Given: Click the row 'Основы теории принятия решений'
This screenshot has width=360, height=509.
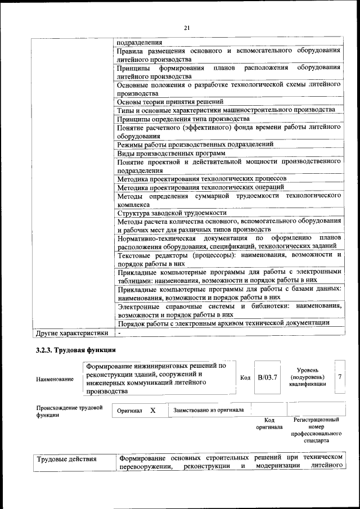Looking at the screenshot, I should (170, 102).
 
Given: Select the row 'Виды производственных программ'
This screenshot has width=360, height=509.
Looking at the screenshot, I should (171, 153).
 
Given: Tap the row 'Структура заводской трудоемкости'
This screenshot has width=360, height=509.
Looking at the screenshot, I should (172, 213).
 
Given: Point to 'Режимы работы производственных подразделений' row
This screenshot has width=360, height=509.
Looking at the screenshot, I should (195, 145).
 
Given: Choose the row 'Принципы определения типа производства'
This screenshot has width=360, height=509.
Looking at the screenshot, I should (183, 119).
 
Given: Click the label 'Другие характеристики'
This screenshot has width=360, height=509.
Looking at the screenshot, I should (72, 333).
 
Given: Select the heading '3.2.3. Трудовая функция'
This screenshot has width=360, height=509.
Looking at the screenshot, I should (73, 352).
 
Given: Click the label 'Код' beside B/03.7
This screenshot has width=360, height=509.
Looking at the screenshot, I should (245, 377).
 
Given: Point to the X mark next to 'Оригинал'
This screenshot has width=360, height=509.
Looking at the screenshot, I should (152, 411).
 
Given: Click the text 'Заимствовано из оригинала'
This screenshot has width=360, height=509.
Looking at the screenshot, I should (209, 410).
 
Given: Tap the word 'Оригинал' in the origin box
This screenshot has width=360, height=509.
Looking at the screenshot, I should (129, 411).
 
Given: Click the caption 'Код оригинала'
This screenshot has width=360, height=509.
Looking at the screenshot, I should (269, 424).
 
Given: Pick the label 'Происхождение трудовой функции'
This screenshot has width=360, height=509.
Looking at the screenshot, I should (69, 411).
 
